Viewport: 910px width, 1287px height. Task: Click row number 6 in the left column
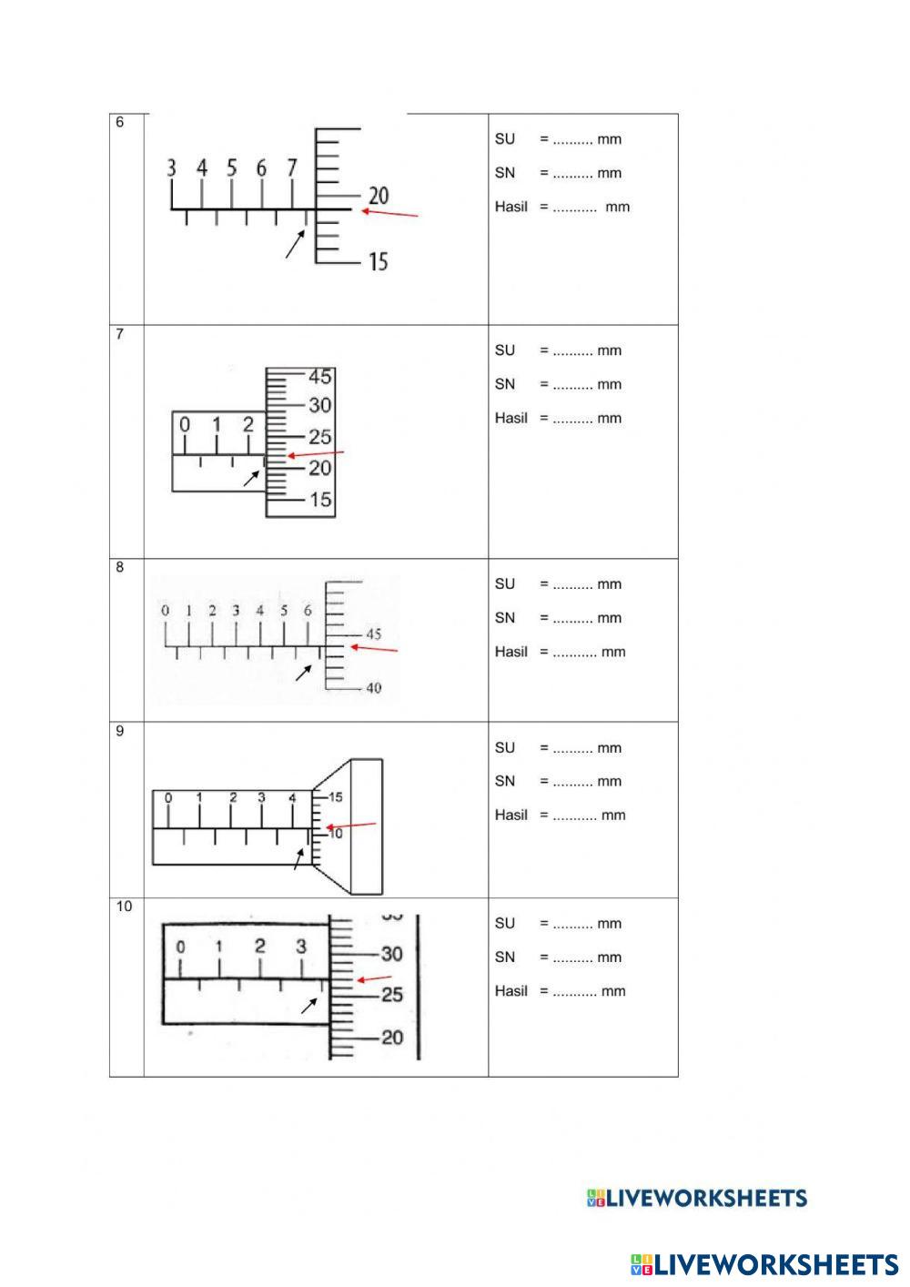[x=119, y=123]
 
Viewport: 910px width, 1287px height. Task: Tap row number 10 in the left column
[x=124, y=907]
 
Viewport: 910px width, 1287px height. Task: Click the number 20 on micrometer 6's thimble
[x=378, y=196]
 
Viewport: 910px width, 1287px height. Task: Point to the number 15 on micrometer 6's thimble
[x=378, y=262]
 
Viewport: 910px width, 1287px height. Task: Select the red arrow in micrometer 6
[x=390, y=214]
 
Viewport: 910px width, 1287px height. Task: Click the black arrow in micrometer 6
[x=295, y=244]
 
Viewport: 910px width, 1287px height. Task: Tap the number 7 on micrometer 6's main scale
[x=292, y=168]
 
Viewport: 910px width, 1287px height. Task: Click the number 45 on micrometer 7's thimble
[x=320, y=377]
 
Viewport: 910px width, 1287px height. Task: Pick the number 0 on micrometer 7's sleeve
[x=185, y=425]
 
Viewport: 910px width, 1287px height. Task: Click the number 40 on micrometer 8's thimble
[x=374, y=688]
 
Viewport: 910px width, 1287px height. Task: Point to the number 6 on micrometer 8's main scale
[x=308, y=611]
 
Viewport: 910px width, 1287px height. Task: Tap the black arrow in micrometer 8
[x=304, y=672]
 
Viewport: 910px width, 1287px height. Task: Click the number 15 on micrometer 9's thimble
[x=335, y=797]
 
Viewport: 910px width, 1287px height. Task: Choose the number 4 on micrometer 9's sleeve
[x=292, y=798]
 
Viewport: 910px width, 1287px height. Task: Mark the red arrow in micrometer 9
[x=350, y=826]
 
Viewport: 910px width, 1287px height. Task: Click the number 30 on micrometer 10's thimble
[x=391, y=954]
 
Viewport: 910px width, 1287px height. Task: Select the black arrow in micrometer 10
[x=309, y=1005]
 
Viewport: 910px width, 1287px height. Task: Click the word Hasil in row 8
[x=511, y=652]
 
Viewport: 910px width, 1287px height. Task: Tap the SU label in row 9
[x=504, y=748]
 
